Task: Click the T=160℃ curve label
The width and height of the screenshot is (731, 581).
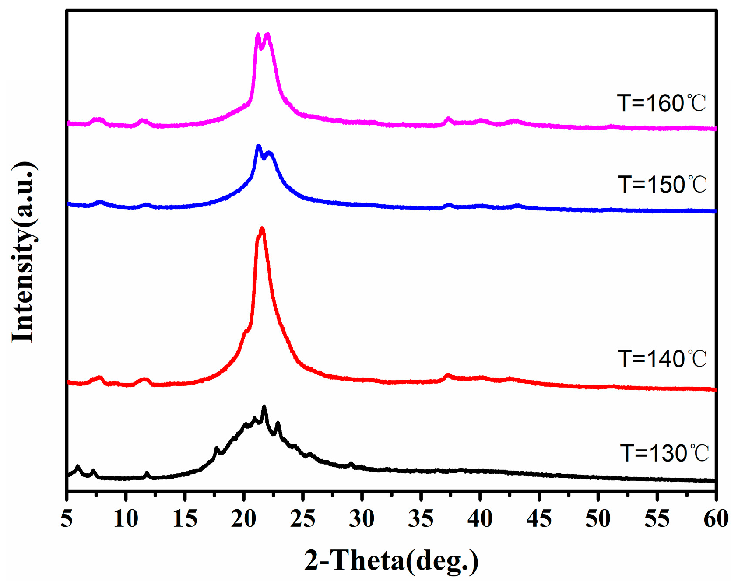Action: (x=661, y=103)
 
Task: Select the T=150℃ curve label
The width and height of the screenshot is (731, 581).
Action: (x=662, y=184)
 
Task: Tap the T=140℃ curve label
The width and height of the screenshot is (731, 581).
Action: (x=662, y=359)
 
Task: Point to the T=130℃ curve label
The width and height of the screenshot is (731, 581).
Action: (x=664, y=453)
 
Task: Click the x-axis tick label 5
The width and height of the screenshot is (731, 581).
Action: (x=67, y=519)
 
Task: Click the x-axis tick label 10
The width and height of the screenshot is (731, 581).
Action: (x=126, y=519)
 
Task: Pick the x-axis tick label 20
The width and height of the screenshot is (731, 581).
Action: (x=244, y=519)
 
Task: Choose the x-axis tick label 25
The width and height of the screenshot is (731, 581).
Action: (x=303, y=519)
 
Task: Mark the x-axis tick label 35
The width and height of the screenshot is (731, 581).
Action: (x=421, y=519)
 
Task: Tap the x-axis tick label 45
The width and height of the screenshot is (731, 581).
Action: (x=539, y=519)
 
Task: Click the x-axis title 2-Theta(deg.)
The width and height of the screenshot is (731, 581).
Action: (x=391, y=560)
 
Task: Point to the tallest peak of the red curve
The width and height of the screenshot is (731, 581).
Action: (x=262, y=229)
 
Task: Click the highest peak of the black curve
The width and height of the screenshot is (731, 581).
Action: (x=264, y=407)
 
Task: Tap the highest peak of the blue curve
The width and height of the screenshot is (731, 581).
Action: (x=258, y=146)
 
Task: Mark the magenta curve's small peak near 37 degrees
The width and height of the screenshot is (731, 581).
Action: (x=448, y=119)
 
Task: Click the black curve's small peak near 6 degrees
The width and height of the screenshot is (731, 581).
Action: (x=78, y=467)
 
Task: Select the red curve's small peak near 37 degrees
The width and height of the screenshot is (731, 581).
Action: (x=447, y=375)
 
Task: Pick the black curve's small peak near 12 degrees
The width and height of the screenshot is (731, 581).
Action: (x=147, y=473)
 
